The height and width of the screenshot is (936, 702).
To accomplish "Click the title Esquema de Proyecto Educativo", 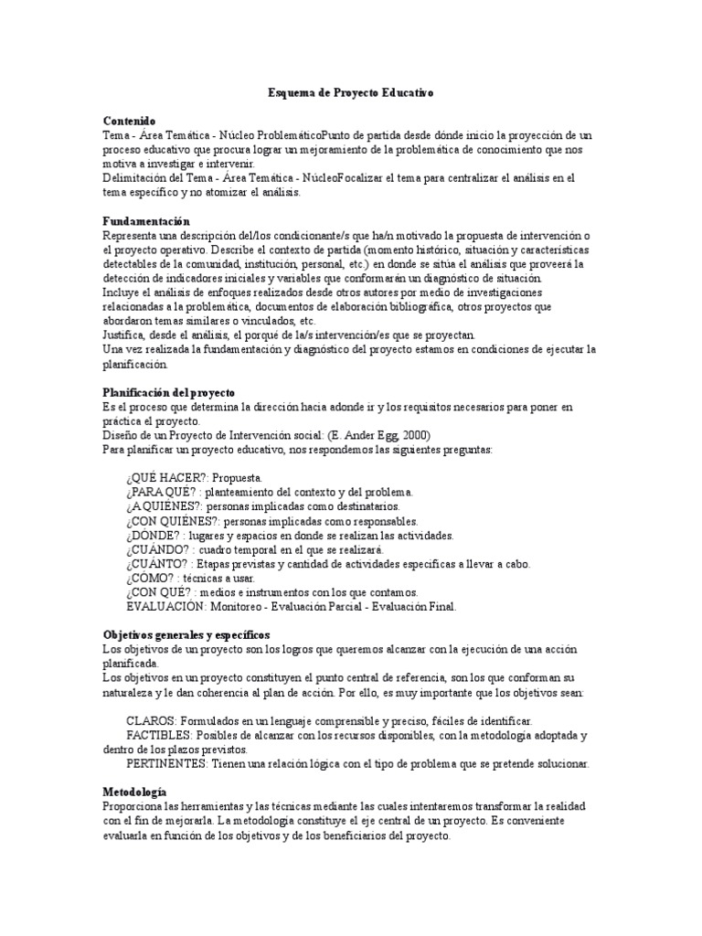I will [x=350, y=93].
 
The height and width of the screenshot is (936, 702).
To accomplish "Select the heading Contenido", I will [x=129, y=121].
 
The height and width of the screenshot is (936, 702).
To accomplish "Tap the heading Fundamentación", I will [x=146, y=221].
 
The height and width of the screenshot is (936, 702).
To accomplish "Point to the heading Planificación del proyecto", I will [x=169, y=392].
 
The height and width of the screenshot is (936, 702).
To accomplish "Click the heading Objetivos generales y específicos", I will [x=186, y=634].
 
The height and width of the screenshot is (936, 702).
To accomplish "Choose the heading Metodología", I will [x=134, y=791].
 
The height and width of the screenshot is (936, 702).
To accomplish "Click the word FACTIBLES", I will [x=158, y=736].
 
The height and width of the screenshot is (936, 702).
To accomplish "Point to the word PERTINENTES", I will [x=165, y=763].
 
